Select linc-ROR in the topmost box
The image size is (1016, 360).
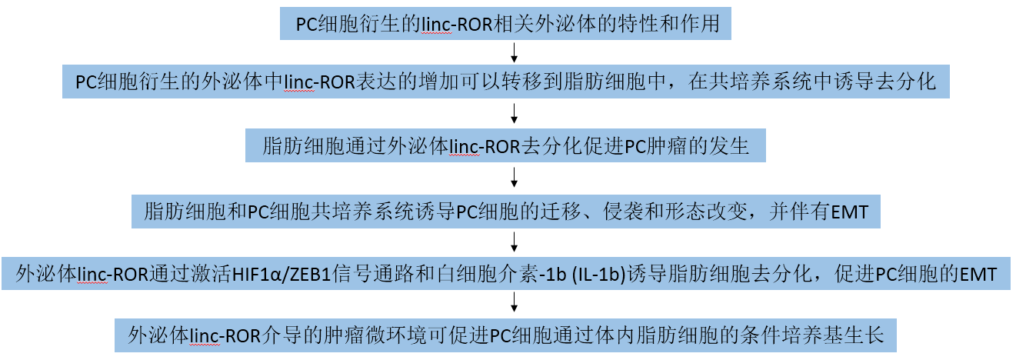point(457,25)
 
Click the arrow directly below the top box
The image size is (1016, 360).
point(514,52)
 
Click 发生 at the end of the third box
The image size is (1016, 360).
point(729,146)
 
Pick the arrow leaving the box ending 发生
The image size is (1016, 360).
point(514,177)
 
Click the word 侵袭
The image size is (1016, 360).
point(623,212)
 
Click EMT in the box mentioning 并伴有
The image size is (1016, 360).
point(848,212)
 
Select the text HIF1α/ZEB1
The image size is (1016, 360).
point(281,275)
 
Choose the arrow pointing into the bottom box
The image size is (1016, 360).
point(514,302)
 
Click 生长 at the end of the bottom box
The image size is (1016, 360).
point(864,335)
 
